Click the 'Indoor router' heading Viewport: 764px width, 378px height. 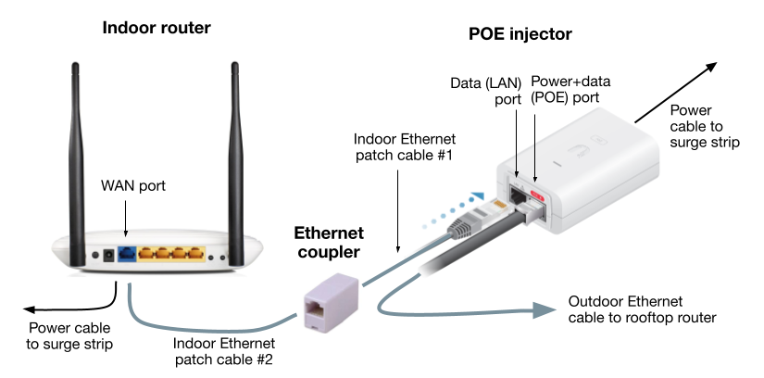tap(157, 29)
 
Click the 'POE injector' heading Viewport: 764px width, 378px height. tap(520, 35)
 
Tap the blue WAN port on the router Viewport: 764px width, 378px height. tap(127, 253)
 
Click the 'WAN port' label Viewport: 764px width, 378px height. tap(132, 186)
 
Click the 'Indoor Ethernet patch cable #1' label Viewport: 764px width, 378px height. tap(403, 146)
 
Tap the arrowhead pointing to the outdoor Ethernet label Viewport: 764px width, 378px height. tap(542, 310)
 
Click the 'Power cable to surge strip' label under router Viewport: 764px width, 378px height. tap(69, 335)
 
